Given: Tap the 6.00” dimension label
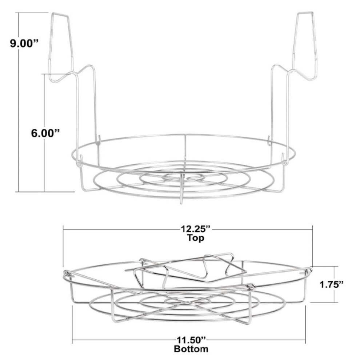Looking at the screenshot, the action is coord(46,133).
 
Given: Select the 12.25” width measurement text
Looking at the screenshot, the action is coord(196,229).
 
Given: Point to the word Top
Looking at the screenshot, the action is coord(196,237).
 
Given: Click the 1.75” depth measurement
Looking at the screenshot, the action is coord(332,285).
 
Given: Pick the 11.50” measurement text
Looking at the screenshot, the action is coord(191,340).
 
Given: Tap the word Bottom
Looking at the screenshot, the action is coord(191,349).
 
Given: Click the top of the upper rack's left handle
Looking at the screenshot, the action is coord(60,14).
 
